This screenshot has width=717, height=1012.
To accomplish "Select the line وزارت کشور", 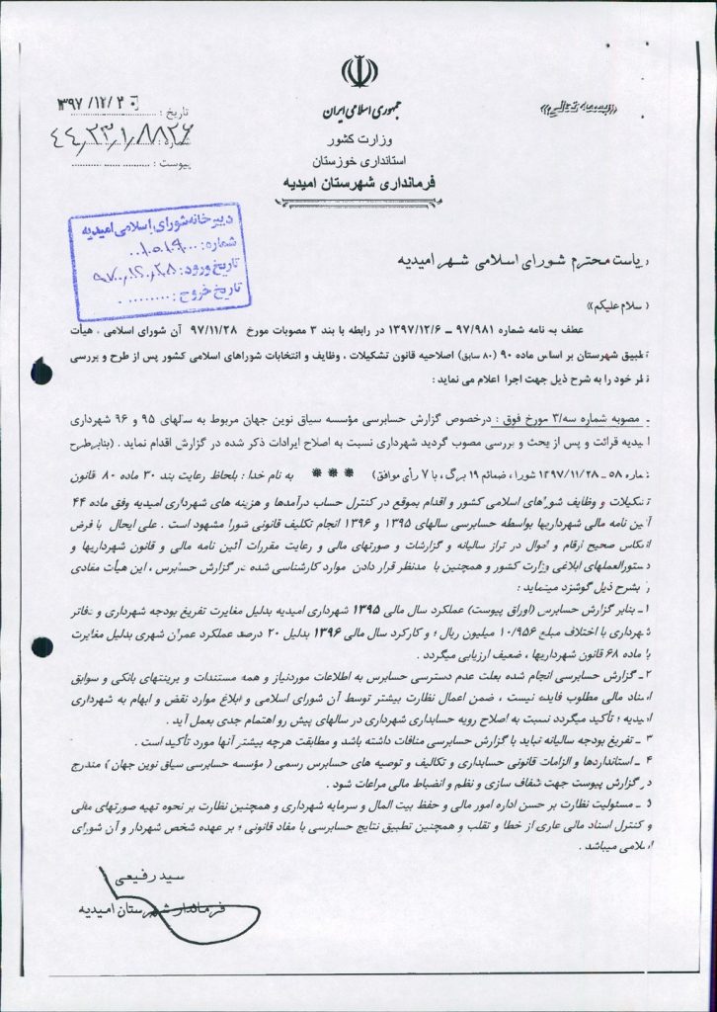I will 355,137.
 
